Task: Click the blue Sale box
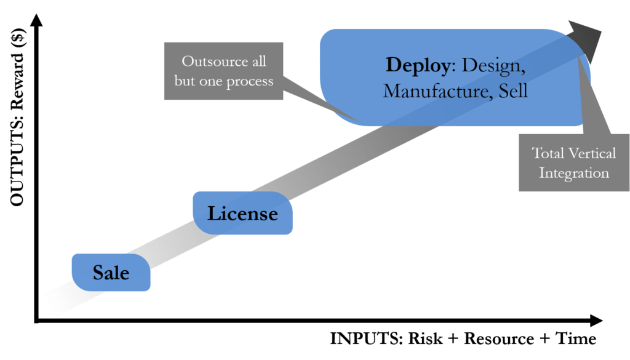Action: [x=111, y=273]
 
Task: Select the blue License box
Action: [x=242, y=213]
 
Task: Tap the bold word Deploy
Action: [x=418, y=66]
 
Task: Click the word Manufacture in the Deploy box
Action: [x=437, y=91]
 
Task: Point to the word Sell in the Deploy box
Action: [x=513, y=91]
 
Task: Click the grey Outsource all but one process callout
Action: [x=224, y=71]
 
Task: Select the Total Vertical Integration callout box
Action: [x=574, y=162]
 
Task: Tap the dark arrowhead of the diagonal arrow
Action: [x=586, y=40]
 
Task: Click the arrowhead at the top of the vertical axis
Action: [x=36, y=20]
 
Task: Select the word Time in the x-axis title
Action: [x=576, y=338]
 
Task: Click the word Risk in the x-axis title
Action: [x=426, y=338]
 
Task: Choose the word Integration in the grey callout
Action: [x=574, y=173]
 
